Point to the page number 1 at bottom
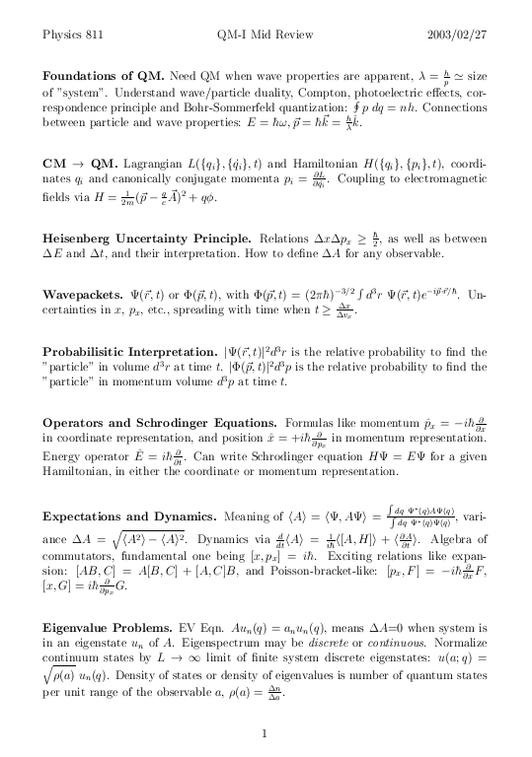[x=266, y=732]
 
